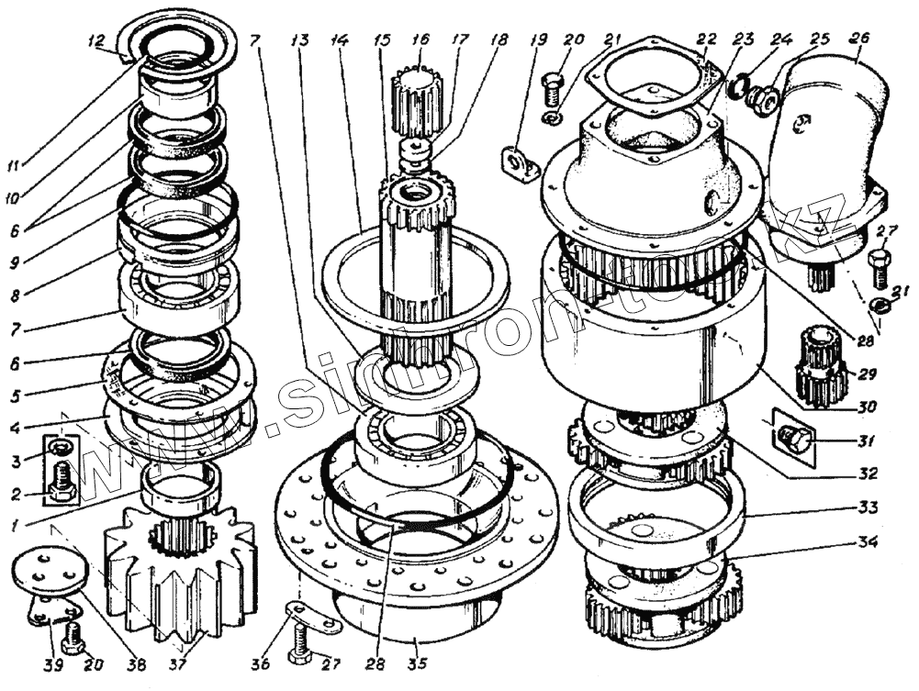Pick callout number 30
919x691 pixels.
point(864,405)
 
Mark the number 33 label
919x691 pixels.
point(865,507)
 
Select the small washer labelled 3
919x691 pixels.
point(58,448)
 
